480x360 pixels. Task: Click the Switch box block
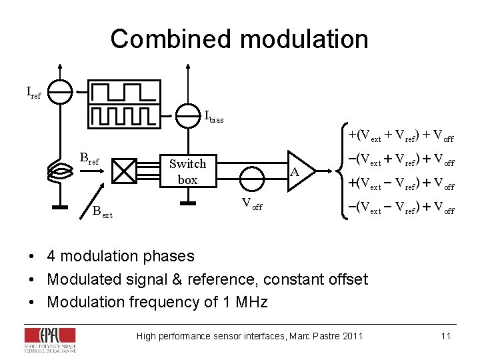pyautogui.click(x=187, y=171)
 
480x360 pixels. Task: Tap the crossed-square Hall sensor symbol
pyautogui.click(x=123, y=171)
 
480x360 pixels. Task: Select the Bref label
pyautogui.click(x=89, y=159)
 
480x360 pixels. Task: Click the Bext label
pyautogui.click(x=102, y=213)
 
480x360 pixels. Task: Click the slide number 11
pyautogui.click(x=445, y=335)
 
